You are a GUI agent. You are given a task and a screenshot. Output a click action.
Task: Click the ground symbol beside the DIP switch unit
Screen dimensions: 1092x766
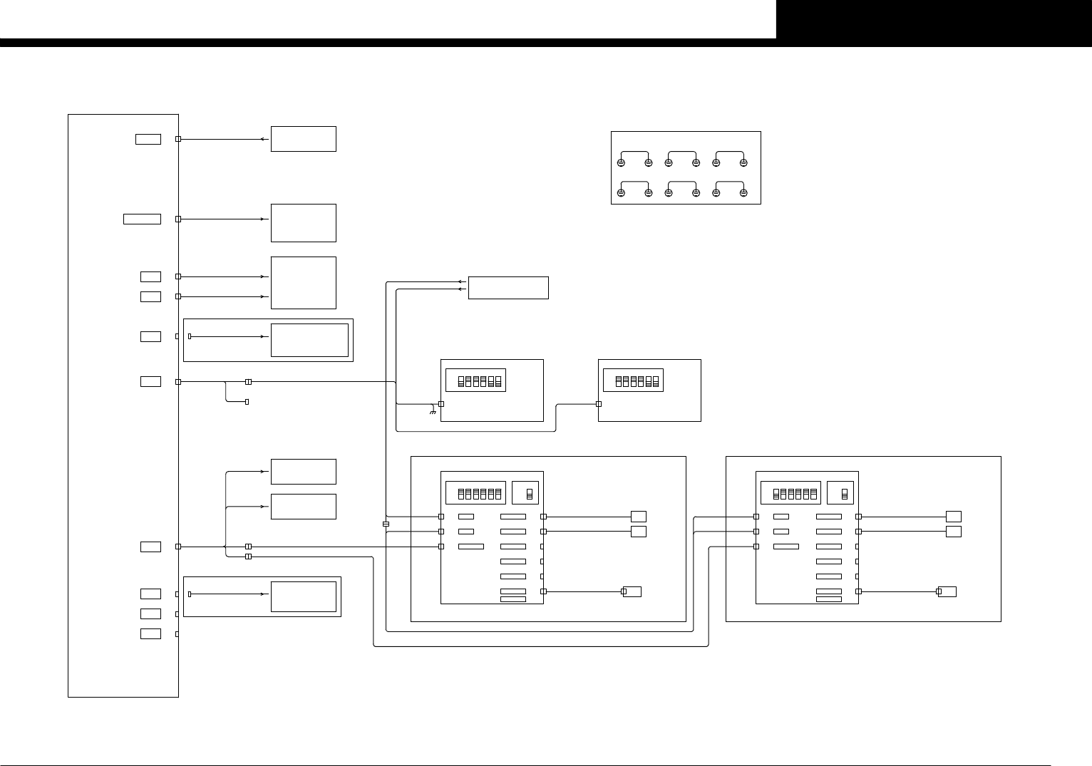tap(433, 412)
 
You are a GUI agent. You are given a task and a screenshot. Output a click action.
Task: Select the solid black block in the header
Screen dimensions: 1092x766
tap(934, 19)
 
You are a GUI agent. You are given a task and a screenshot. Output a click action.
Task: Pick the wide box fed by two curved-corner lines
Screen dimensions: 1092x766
tap(508, 288)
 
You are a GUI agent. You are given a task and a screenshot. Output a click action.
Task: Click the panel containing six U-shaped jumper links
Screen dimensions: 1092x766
tap(686, 167)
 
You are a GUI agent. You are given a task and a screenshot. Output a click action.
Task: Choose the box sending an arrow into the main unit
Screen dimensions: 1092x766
tap(303, 139)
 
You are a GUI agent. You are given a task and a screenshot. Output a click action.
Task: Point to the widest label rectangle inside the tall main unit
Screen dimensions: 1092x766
tap(142, 219)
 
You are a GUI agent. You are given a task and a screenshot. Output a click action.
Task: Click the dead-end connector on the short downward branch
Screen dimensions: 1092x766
tap(247, 403)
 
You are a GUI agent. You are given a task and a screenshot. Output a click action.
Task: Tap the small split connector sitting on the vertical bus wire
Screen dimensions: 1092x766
tap(386, 524)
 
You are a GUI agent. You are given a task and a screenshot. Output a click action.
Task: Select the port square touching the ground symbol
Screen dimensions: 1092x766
tap(441, 404)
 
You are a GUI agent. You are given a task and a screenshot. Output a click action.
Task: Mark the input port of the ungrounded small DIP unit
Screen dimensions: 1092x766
tap(599, 404)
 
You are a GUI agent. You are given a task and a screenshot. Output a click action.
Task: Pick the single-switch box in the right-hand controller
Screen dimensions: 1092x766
tap(840, 492)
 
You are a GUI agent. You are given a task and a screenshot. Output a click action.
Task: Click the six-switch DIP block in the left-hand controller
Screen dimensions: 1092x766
tap(475, 492)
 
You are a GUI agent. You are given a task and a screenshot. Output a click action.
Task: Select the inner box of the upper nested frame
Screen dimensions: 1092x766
tap(309, 340)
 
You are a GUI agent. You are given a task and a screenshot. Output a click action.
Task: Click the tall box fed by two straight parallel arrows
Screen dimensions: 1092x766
tap(303, 283)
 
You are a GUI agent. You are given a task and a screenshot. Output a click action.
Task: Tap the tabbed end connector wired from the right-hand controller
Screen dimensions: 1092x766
tap(947, 591)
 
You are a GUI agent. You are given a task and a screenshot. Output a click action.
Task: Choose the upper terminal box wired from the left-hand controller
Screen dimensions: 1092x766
tap(639, 516)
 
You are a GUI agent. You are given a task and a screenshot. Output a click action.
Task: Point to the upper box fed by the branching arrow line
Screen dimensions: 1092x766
tap(303, 472)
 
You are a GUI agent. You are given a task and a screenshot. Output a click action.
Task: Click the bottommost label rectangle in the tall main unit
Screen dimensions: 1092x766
tap(150, 634)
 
